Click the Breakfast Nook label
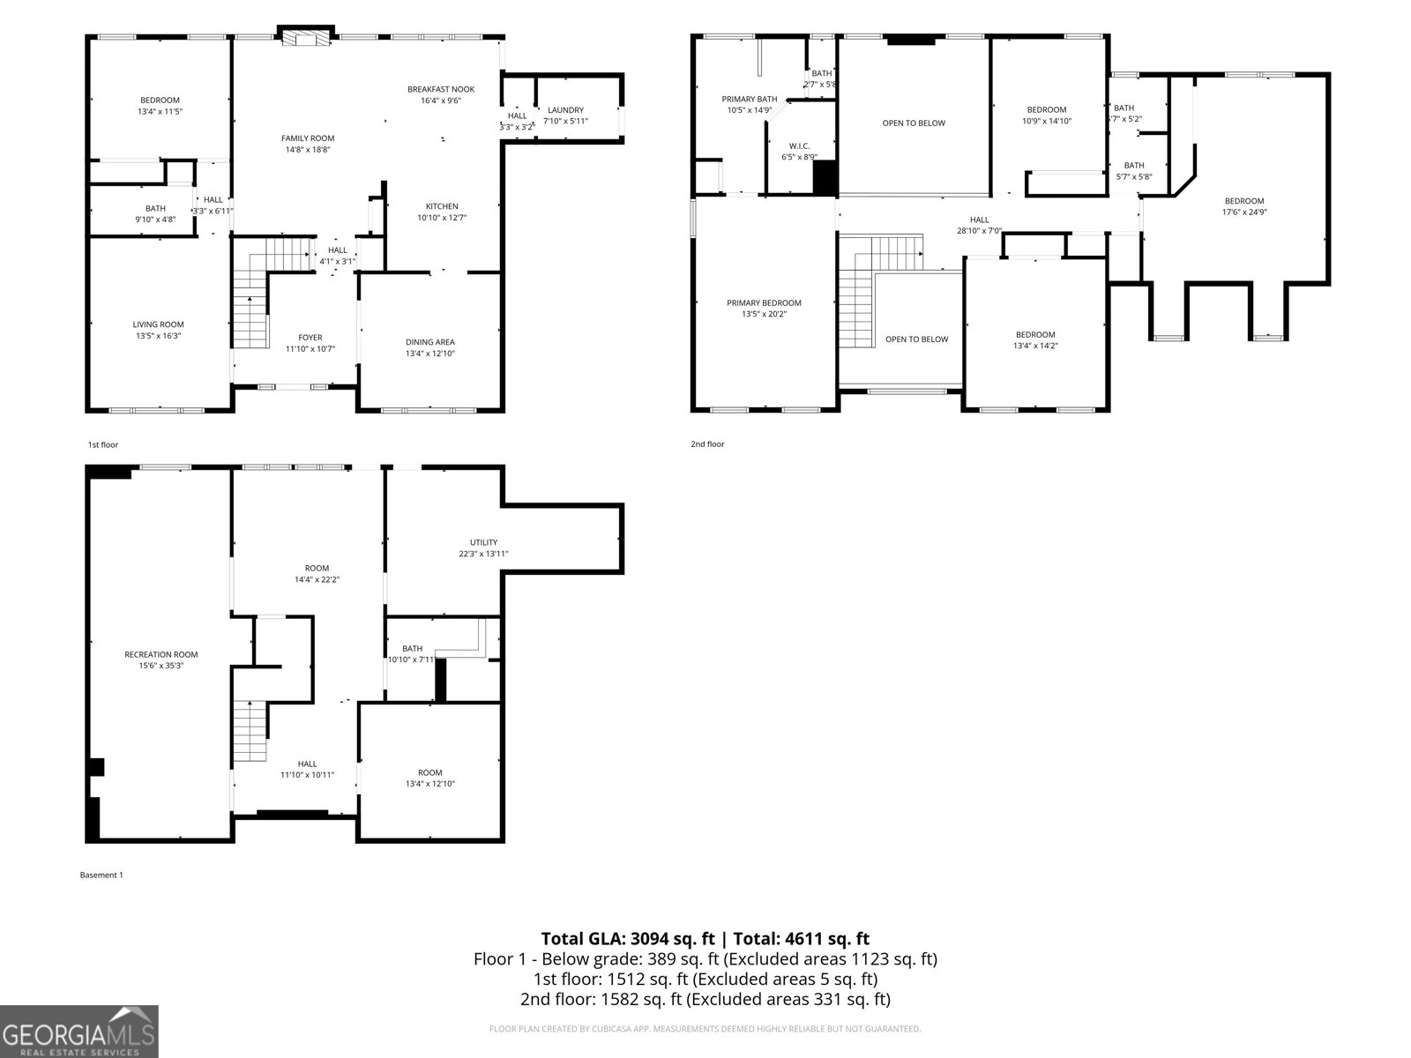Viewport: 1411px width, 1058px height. coord(440,89)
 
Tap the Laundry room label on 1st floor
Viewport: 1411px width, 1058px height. coord(564,110)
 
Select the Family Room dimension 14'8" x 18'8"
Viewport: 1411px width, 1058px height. coord(308,150)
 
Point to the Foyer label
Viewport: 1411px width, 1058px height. coord(310,338)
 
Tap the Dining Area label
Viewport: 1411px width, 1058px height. coord(430,342)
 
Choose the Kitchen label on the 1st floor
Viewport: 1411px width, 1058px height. coord(441,206)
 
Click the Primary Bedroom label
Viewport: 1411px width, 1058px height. coord(764,303)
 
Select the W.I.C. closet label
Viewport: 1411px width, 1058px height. coord(799,146)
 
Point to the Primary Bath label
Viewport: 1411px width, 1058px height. coord(749,100)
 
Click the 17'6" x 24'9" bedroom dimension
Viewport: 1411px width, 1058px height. coord(1243,212)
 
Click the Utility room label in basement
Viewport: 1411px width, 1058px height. coord(483,542)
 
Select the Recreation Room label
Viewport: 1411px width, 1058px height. coord(161,654)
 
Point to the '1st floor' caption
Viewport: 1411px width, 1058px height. coord(102,445)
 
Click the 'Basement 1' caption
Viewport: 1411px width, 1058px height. coord(101,875)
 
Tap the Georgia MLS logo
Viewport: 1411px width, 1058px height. coord(78,1032)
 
